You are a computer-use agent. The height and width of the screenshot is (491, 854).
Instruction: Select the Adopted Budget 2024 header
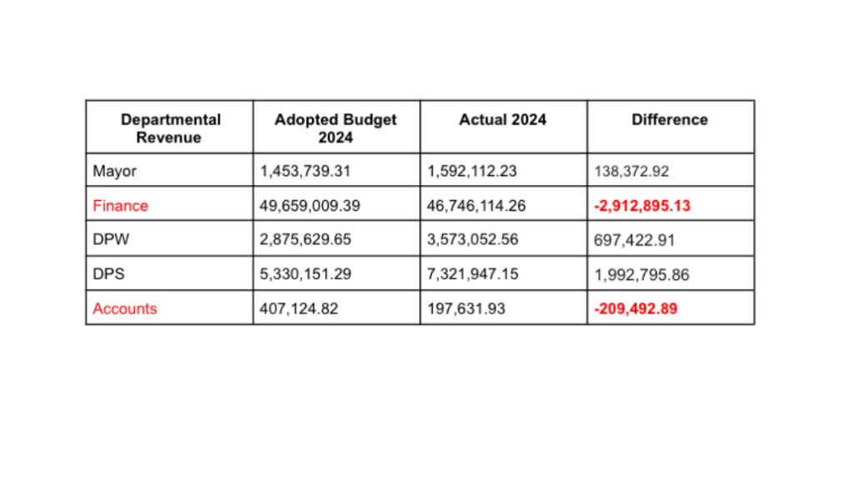[x=335, y=128]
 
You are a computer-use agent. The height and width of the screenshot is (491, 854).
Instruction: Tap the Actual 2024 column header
[x=502, y=120]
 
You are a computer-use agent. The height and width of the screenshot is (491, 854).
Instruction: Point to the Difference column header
[x=669, y=120]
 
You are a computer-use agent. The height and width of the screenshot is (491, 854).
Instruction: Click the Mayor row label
[x=114, y=172]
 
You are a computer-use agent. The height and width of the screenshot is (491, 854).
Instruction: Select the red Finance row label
[x=120, y=205]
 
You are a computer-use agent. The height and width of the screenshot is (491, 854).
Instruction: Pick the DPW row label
[x=110, y=240]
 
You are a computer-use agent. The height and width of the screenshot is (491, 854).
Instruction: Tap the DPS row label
[x=109, y=274]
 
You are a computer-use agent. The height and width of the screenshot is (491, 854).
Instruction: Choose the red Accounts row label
[x=124, y=308]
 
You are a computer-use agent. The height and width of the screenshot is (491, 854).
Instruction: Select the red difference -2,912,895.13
[x=642, y=206]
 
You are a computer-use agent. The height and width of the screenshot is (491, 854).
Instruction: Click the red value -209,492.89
[x=635, y=308]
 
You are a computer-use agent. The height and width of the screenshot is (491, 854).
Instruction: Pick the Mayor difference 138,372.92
[x=631, y=172]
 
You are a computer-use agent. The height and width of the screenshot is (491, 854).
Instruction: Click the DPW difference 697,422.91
[x=634, y=240]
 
